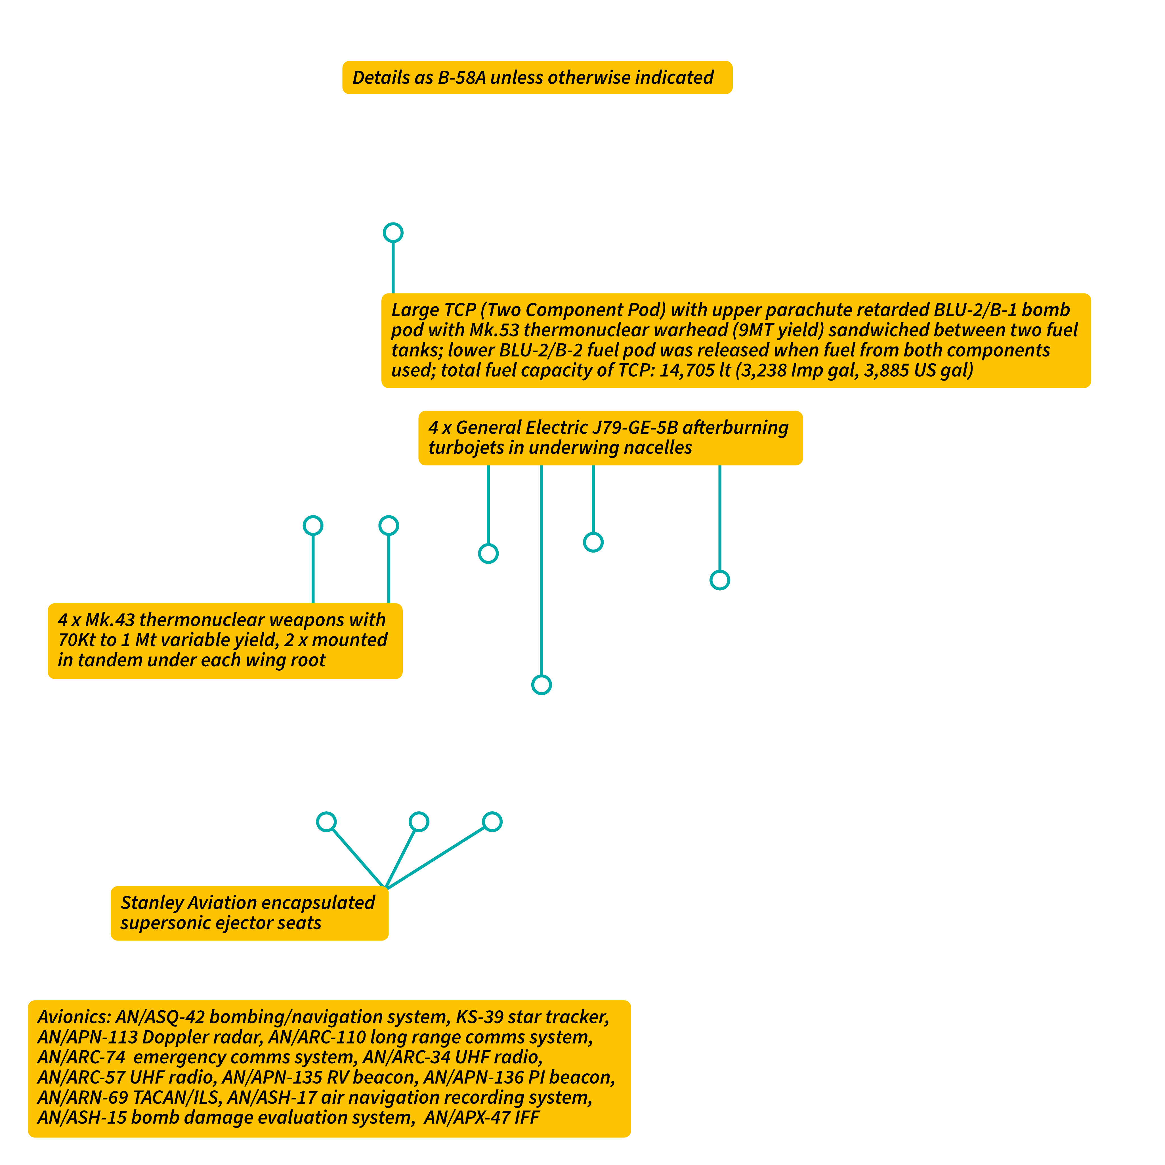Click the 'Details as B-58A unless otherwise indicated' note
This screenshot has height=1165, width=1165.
(537, 77)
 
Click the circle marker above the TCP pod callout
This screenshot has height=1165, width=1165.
(393, 233)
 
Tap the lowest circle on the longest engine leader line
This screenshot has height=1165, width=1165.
(541, 685)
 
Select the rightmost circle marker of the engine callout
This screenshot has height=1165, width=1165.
(720, 580)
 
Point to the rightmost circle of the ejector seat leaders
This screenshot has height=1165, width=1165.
(492, 822)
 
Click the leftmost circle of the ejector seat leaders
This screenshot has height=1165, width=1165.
(326, 822)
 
